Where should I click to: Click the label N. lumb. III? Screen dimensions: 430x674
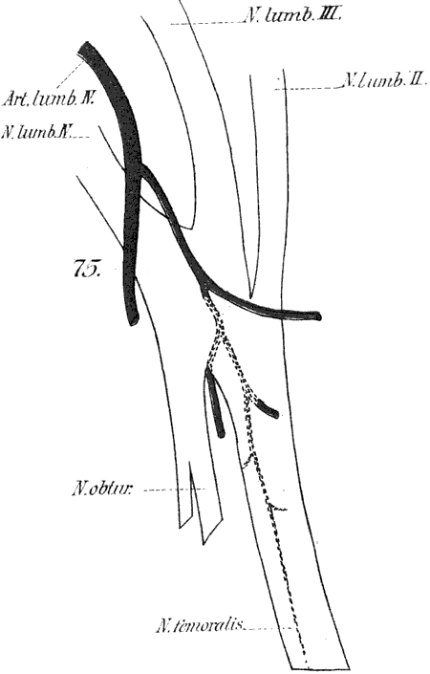pos(293,16)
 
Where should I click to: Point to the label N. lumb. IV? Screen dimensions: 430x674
pos(37,132)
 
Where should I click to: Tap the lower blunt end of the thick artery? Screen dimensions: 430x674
pos(134,319)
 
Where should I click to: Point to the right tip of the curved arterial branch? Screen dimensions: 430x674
pos(318,317)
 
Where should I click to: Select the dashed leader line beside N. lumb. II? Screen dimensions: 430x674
pos(306,89)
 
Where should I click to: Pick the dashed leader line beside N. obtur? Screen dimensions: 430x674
pos(175,489)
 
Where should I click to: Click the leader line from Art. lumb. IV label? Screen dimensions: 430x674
pos(68,75)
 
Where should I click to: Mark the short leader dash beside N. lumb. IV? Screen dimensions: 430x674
pos(82,137)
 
